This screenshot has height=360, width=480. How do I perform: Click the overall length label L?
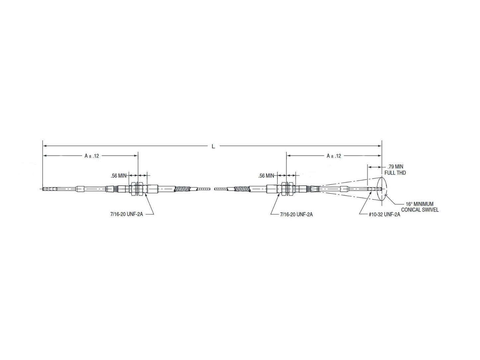[213, 146]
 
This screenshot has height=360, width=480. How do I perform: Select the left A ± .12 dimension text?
[92, 156]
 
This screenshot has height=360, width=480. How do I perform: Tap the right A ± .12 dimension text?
[334, 156]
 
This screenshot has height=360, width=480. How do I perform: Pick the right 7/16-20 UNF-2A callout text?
[296, 215]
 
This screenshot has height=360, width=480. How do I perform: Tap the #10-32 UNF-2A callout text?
[384, 215]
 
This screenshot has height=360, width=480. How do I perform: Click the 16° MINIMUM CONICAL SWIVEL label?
[420, 207]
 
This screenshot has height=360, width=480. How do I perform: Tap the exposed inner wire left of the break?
[204, 189]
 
